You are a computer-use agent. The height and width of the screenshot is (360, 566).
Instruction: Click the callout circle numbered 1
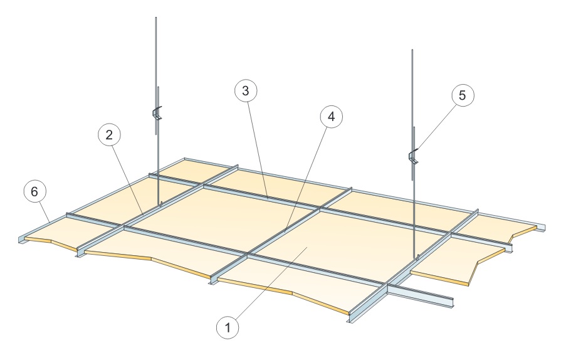(228, 328)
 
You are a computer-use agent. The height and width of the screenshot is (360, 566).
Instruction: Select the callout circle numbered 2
(109, 135)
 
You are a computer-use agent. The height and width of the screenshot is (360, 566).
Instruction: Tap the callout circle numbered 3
(246, 91)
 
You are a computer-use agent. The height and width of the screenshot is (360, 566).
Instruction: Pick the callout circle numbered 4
(331, 116)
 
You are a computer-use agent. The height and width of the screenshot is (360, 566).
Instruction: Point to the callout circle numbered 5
(463, 95)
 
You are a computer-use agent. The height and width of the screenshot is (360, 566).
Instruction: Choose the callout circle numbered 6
(34, 191)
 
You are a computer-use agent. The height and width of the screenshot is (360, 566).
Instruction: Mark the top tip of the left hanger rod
(156, 17)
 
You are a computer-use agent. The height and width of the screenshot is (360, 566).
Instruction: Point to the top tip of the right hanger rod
(412, 50)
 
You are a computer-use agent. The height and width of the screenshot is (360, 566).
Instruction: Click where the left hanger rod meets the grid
(160, 204)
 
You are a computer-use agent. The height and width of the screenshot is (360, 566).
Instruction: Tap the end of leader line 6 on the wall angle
(50, 221)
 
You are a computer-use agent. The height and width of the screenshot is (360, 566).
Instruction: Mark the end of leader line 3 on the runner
(268, 198)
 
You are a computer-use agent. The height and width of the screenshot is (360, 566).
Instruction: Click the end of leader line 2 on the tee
(143, 214)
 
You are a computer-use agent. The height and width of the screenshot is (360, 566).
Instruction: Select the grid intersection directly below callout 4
(320, 209)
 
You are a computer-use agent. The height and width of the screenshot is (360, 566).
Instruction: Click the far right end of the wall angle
(543, 227)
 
